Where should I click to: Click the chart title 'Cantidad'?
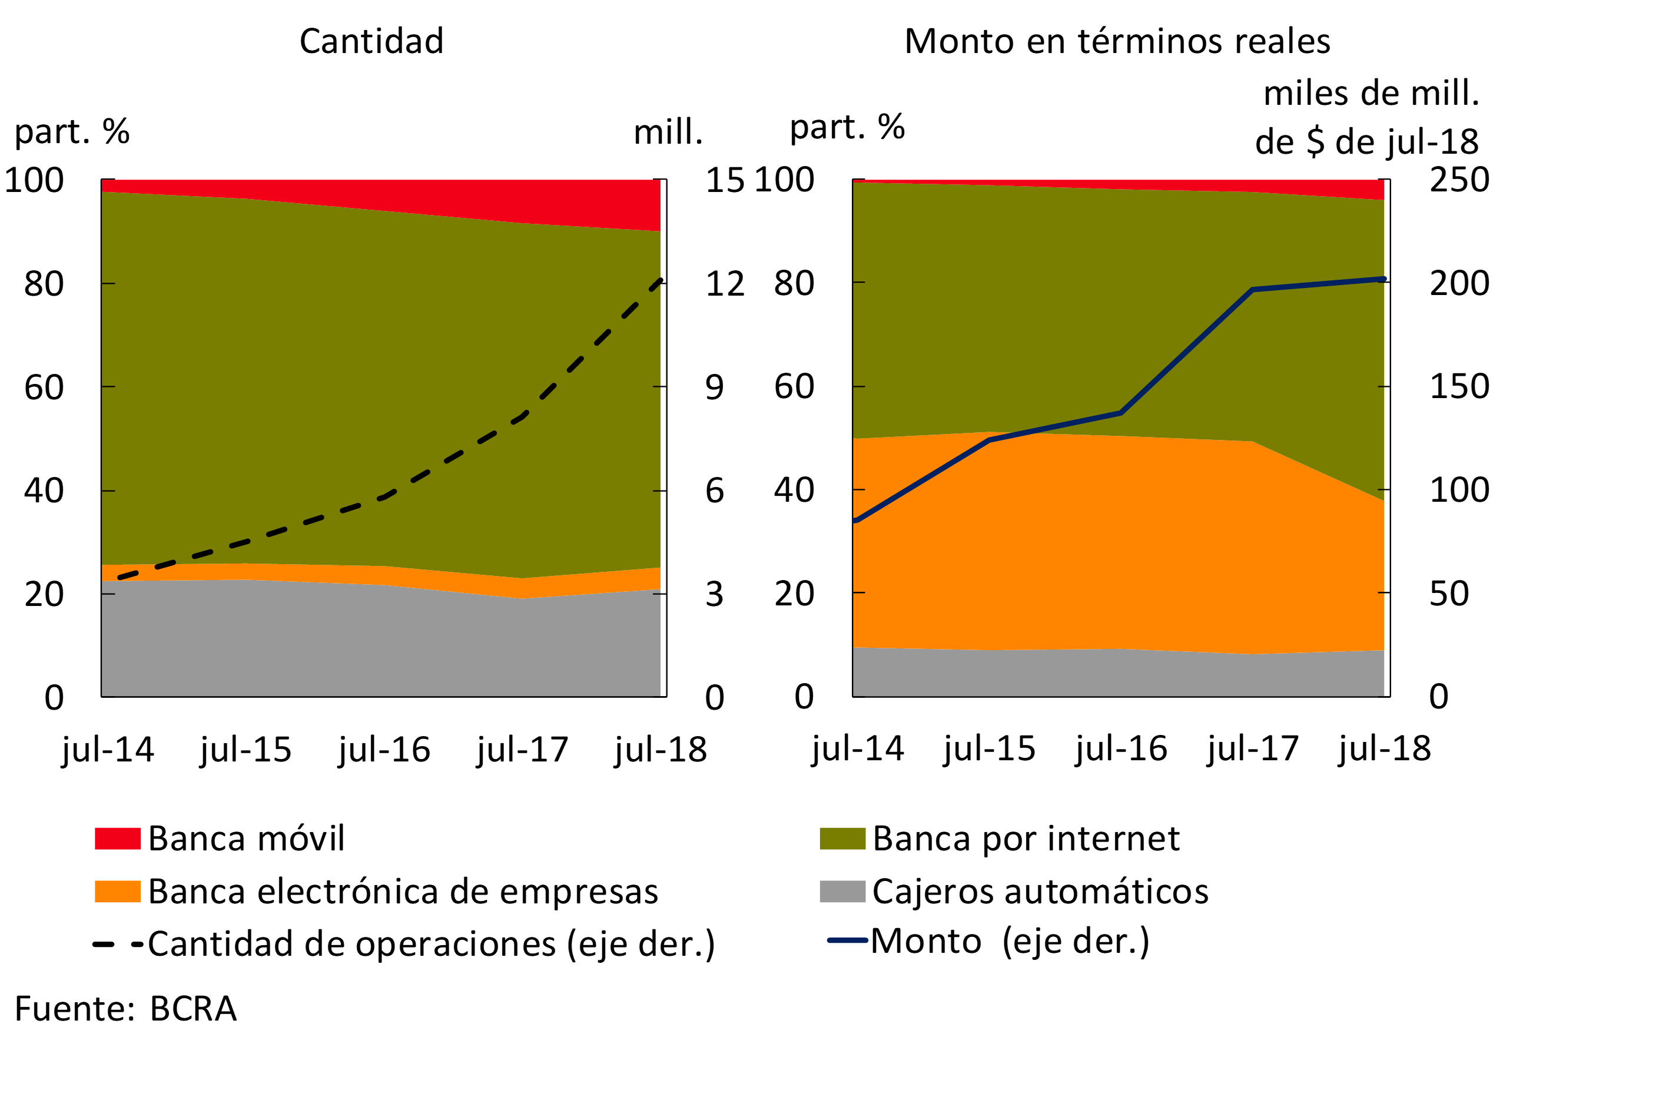point(371,41)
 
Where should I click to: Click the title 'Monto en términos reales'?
point(1117,41)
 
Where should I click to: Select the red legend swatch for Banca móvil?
point(117,839)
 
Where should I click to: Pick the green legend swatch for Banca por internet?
point(842,839)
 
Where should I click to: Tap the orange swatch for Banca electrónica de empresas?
point(117,892)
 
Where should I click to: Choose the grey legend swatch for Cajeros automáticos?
point(842,892)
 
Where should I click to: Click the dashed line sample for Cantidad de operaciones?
point(118,945)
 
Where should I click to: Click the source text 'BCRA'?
point(193,1009)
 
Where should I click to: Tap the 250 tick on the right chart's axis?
point(1459,180)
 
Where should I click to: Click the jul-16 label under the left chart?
point(384,750)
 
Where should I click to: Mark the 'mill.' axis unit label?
point(668,132)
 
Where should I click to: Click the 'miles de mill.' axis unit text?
point(1371,94)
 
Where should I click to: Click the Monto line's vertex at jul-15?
point(989,440)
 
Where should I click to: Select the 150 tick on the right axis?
point(1459,387)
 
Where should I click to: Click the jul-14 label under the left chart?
point(108,750)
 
